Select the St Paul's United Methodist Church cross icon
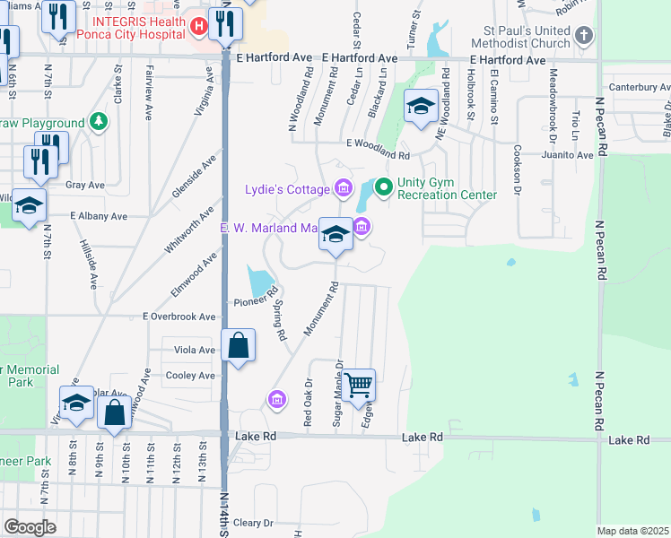point(584,36)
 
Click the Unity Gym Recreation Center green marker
point(384,187)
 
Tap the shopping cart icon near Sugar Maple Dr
point(359,386)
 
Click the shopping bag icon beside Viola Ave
point(239,345)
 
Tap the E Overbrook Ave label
point(179,317)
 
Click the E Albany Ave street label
point(99,216)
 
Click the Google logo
point(30,527)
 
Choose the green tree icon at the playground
point(98,122)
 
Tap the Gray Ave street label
point(86,186)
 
